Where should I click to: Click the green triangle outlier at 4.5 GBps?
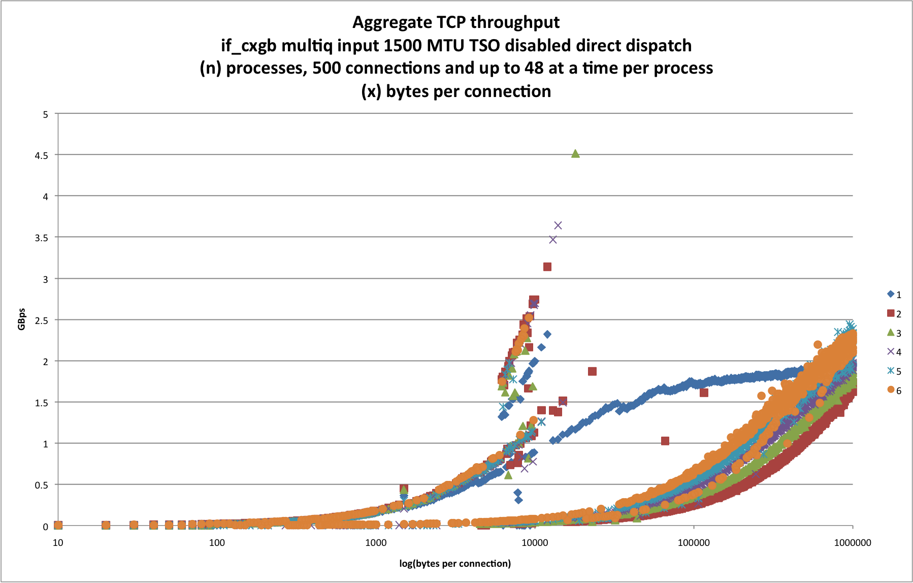coord(575,153)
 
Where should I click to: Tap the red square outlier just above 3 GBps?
coord(547,267)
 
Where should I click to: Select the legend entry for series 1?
coord(894,295)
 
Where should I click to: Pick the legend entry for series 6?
coord(894,390)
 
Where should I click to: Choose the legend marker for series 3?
coord(890,333)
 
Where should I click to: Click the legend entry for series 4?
coord(894,352)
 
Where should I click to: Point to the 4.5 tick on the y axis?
coord(45,155)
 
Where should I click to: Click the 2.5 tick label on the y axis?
coord(45,320)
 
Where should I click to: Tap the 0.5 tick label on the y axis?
coord(45,485)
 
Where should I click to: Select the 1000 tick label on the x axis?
coord(376,542)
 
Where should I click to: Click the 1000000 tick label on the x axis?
coord(853,542)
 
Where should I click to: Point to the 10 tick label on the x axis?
coord(58,542)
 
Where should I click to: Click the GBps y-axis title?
coord(22,319)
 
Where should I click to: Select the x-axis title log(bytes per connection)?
coord(455,563)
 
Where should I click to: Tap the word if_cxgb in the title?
coord(249,46)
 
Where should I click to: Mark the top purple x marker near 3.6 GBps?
coord(558,225)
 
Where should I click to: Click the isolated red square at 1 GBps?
coord(665,441)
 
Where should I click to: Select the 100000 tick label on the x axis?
coord(694,542)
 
